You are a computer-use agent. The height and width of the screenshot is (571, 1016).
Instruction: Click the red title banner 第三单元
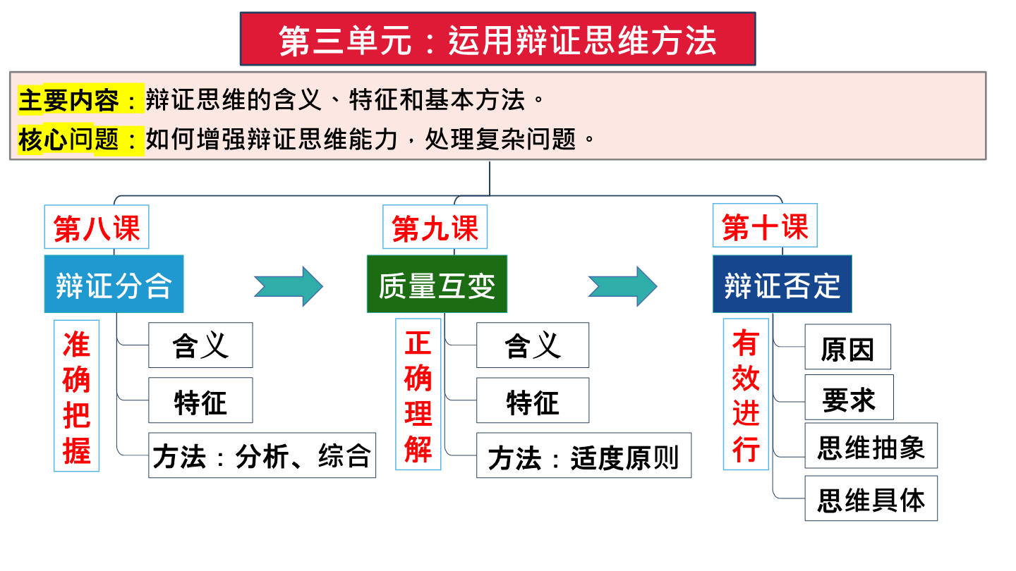point(497,39)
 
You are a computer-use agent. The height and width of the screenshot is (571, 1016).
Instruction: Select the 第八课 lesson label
point(97,227)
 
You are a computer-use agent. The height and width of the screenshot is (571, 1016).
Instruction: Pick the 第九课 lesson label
point(435,227)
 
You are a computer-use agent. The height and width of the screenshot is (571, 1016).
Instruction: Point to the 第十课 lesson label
point(765,226)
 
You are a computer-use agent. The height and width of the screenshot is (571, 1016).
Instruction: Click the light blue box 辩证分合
point(114,284)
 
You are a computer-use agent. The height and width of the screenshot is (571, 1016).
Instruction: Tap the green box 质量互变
point(437,284)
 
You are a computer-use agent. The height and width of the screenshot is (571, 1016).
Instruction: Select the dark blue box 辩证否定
point(782,284)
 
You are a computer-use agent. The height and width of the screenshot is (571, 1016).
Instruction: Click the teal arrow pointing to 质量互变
point(289,286)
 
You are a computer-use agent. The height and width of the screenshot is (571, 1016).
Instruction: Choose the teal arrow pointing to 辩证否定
point(623,286)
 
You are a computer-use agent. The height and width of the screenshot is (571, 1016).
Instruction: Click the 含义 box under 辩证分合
point(200,345)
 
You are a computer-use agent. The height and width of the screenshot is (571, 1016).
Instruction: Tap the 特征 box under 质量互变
point(533,400)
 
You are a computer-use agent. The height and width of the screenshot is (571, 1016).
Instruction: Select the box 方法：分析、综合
point(262,455)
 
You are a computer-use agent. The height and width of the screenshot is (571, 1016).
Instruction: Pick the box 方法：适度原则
point(583,455)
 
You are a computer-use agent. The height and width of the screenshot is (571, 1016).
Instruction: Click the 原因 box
point(848,347)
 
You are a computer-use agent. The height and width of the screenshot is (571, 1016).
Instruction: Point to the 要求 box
point(849,397)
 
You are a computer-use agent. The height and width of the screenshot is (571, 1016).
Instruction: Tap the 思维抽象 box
point(871,446)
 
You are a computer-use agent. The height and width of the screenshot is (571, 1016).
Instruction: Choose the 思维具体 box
point(871,498)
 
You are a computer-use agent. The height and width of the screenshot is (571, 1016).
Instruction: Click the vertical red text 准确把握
point(77,396)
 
